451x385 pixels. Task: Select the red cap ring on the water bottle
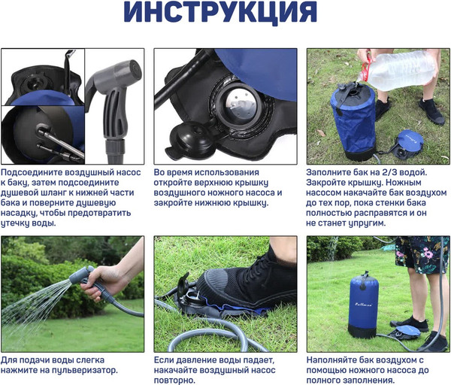click(x=367, y=69)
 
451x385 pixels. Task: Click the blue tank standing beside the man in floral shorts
click(x=363, y=305)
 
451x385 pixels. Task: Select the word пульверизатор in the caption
click(x=84, y=370)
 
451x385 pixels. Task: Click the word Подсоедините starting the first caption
click(x=32, y=173)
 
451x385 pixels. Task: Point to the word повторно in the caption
click(x=175, y=380)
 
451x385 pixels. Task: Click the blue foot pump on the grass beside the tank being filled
click(x=407, y=144)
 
